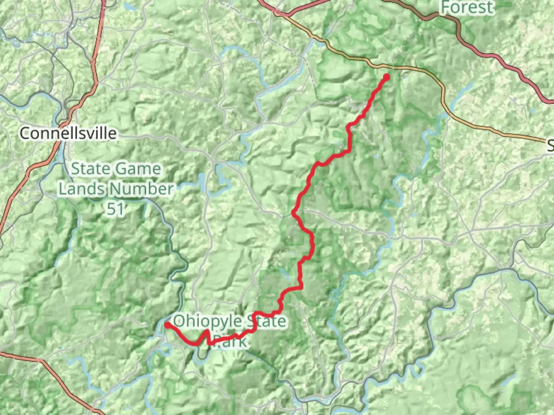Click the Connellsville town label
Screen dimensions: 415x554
coord(68,133)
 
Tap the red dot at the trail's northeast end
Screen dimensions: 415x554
coord(386,77)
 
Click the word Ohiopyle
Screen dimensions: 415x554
coord(208,321)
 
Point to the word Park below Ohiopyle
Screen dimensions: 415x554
coord(230,341)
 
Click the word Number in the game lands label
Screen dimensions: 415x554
coord(141,189)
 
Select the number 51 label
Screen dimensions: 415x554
coord(115,209)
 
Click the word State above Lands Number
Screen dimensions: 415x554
coord(91,169)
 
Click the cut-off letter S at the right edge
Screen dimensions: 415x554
coord(550,145)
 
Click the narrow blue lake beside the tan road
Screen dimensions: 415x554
coord(462,95)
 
